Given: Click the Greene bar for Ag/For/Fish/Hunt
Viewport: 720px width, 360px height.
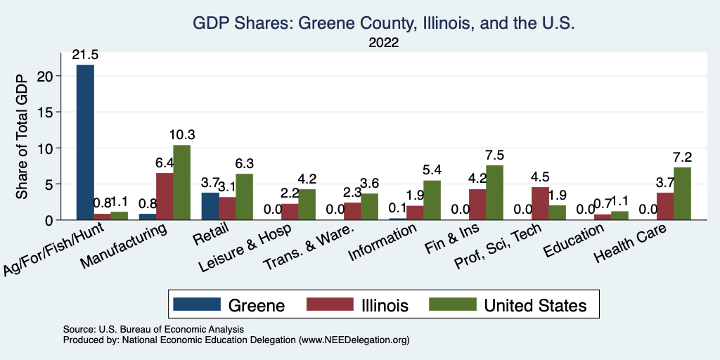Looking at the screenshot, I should [85, 142].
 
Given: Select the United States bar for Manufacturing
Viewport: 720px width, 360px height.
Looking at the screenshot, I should [181, 182].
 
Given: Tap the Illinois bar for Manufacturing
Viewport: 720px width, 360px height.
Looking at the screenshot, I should [165, 196].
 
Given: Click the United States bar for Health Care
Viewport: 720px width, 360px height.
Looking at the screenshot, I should [682, 193].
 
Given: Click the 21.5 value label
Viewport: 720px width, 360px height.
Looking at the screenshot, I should [85, 54].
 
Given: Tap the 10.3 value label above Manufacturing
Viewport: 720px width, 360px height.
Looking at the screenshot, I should [181, 134].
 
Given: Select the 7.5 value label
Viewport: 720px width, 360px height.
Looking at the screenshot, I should [494, 155].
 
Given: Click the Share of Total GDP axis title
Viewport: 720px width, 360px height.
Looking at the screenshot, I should [22, 136].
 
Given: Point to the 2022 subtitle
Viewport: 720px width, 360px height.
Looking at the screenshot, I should [383, 43].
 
